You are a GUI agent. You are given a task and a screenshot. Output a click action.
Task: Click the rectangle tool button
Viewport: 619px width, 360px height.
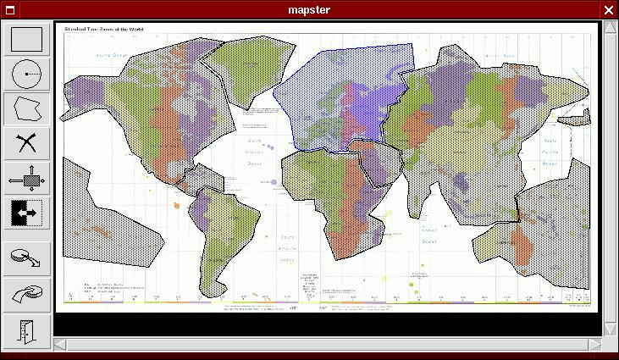pyautogui.click(x=26, y=40)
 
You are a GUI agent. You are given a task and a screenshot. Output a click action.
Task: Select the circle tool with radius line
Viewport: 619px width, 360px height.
pyautogui.click(x=26, y=75)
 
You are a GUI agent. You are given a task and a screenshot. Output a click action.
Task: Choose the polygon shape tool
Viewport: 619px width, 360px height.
pyautogui.click(x=26, y=109)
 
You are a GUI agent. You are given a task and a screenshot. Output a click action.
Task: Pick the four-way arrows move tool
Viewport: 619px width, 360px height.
pyautogui.click(x=26, y=179)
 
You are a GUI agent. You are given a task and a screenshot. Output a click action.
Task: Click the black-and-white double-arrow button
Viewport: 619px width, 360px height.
pyautogui.click(x=26, y=213)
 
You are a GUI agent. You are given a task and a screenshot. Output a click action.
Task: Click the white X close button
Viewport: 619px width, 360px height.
pyautogui.click(x=608, y=9)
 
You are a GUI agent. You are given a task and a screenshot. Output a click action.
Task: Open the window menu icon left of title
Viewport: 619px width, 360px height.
pyautogui.click(x=9, y=9)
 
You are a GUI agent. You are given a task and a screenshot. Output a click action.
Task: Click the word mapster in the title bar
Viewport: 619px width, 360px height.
pyautogui.click(x=308, y=9)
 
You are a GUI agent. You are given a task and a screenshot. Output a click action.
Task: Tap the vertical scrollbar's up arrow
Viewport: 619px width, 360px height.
pyautogui.click(x=609, y=28)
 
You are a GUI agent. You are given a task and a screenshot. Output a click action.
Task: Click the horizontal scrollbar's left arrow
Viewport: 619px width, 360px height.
pyautogui.click(x=60, y=343)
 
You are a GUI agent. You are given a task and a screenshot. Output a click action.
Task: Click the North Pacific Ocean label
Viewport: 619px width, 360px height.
pyautogui.click(x=550, y=151)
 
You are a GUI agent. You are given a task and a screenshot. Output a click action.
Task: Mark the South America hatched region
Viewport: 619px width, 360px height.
pyautogui.click(x=224, y=229)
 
